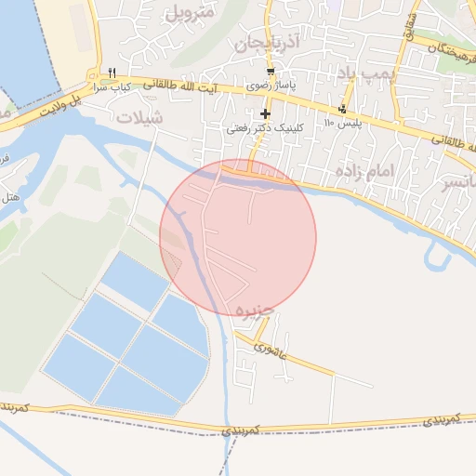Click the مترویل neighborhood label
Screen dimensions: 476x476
click(190, 14)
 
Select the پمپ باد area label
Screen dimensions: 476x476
click(359, 73)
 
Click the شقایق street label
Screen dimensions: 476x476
click(409, 28)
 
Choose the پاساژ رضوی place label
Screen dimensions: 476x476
click(270, 85)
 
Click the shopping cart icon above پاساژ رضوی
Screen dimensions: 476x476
click(270, 72)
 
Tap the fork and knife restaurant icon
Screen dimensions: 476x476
click(112, 73)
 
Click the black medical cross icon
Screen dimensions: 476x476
click(265, 113)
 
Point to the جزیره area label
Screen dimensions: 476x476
click(255, 308)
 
